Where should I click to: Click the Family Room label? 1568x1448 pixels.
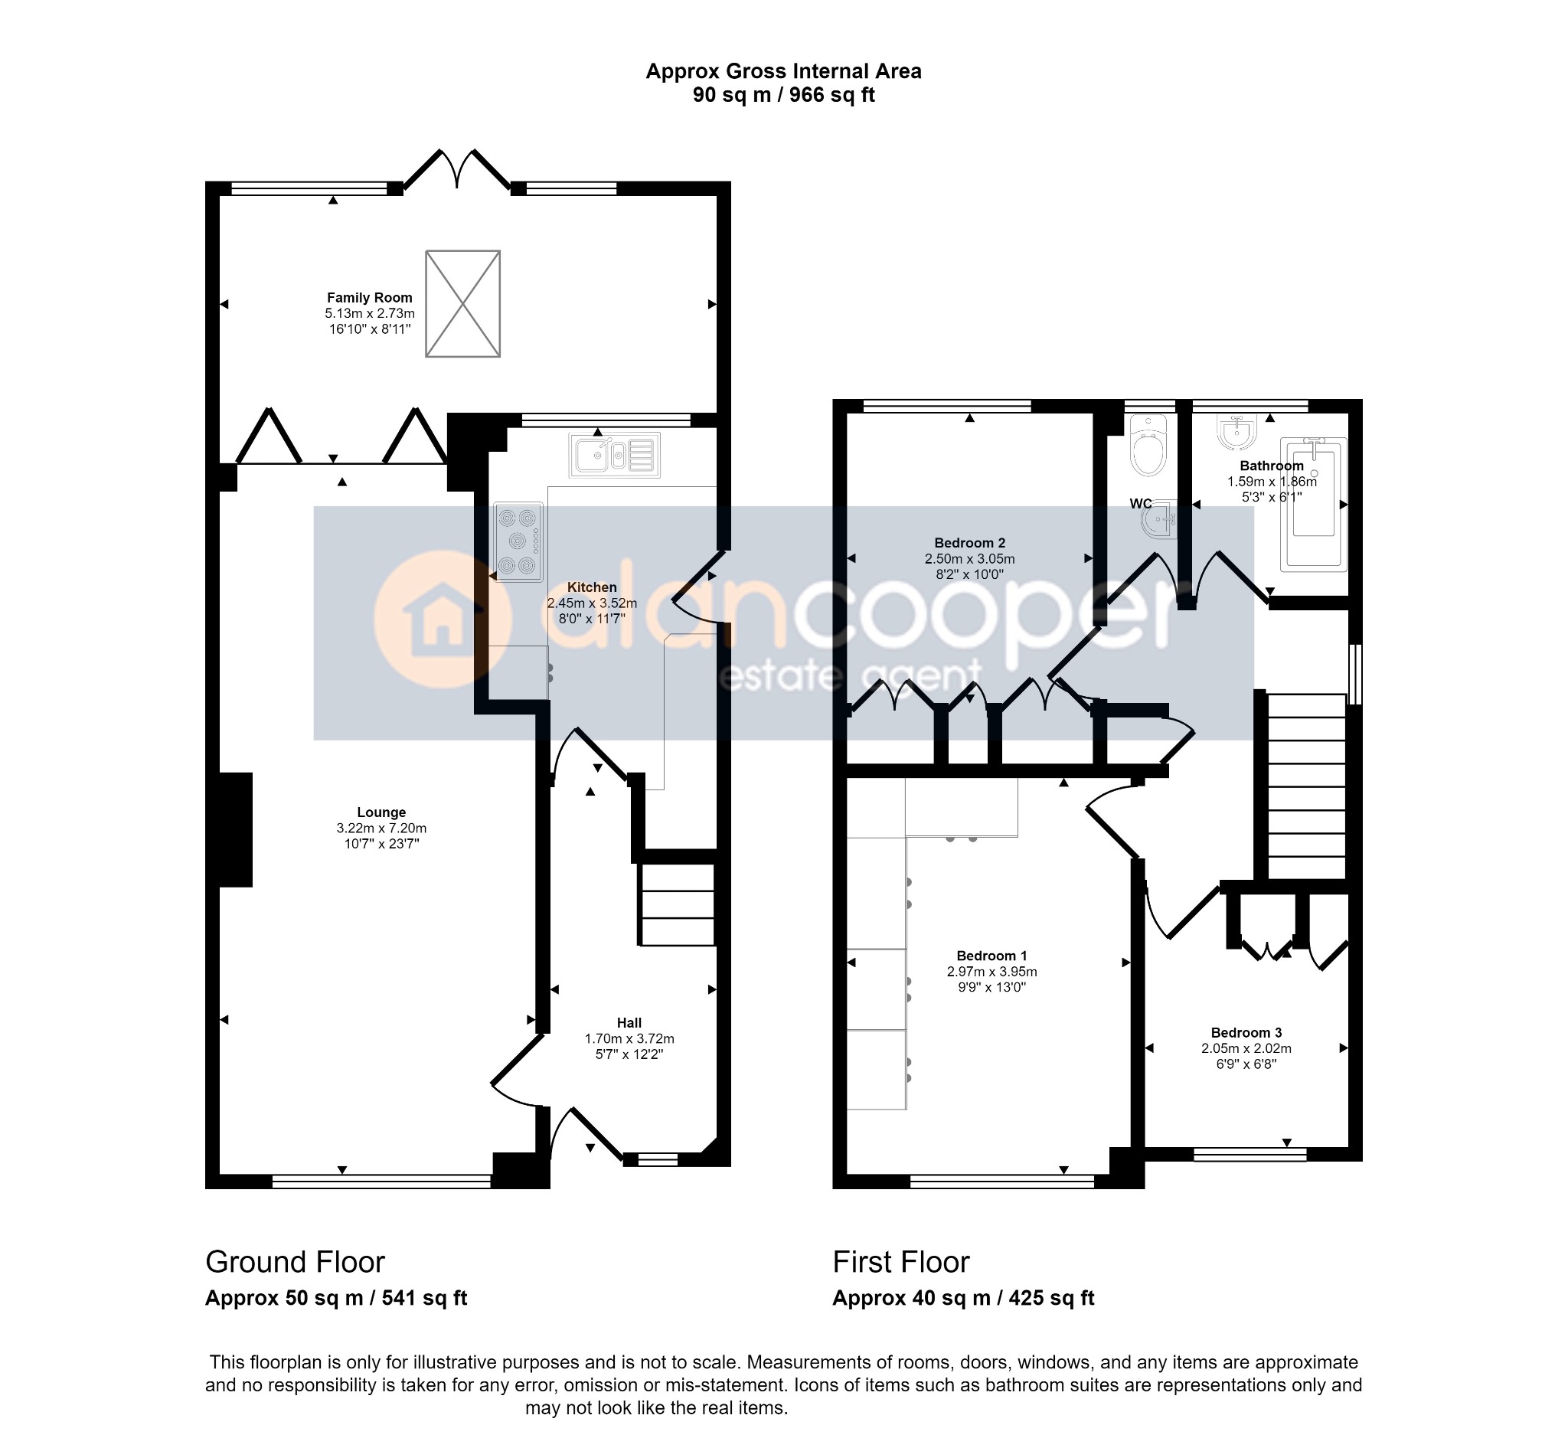coord(369,298)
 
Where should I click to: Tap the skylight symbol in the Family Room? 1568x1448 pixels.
coord(462,304)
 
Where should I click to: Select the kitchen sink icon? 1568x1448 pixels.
coord(614,454)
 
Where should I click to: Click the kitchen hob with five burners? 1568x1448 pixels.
coord(519,541)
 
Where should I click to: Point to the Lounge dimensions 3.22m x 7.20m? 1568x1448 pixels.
coord(381,829)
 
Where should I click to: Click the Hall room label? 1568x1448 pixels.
coord(629,1022)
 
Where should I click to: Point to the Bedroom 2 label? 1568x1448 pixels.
coord(969,543)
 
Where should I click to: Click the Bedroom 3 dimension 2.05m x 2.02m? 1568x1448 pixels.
coord(1246,1048)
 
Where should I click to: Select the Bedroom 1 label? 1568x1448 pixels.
coord(991,956)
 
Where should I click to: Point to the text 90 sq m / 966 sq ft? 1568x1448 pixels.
coord(782,96)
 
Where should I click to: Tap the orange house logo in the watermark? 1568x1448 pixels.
coord(442,619)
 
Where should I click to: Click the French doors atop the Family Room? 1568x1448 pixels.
coord(457,168)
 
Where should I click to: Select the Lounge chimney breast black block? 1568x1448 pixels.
coord(235,830)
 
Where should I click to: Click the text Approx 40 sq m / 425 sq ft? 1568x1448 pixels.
coord(962,1299)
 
